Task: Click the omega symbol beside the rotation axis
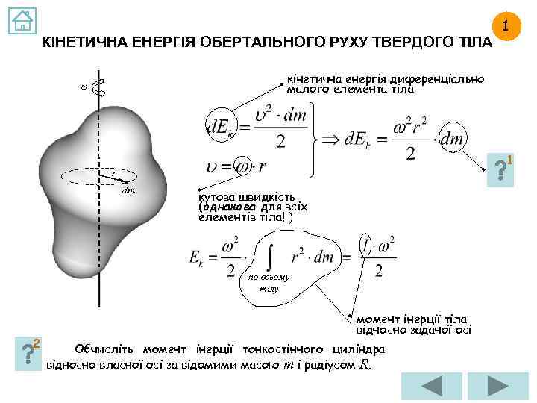[83, 87]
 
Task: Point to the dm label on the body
[129, 191]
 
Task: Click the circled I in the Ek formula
[365, 246]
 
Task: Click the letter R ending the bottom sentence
[364, 366]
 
